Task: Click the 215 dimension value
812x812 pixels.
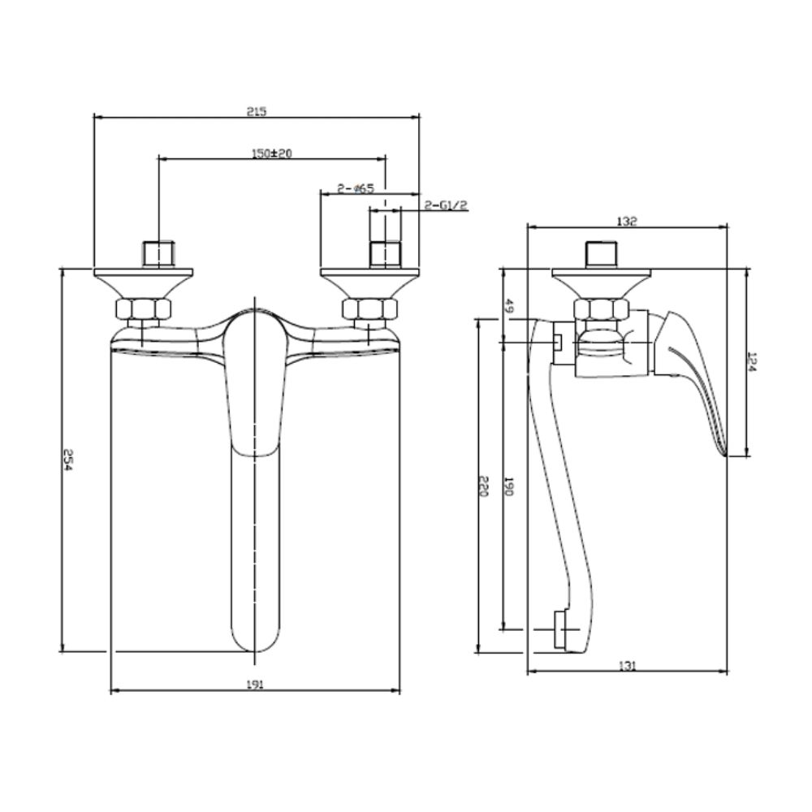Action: coord(257,111)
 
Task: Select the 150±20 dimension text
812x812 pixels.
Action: coord(272,153)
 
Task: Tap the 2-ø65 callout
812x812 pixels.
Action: coord(356,188)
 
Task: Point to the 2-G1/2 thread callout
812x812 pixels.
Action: coord(446,205)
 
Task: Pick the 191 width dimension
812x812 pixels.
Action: coord(255,685)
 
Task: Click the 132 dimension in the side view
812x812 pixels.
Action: coord(627,221)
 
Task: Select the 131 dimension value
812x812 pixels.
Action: coord(627,666)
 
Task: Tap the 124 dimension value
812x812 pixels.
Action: coord(753,362)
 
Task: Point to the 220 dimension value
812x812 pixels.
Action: coord(482,486)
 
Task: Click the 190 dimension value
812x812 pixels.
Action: coord(508,486)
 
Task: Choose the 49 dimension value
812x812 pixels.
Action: coord(508,306)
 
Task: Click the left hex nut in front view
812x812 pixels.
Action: coord(142,309)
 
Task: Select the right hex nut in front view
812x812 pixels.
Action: coord(369,309)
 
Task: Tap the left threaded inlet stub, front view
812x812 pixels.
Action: coord(158,254)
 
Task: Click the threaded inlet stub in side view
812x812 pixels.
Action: coord(603,255)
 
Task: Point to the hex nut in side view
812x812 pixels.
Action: coord(601,309)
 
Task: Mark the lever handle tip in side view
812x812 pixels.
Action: coord(724,454)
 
